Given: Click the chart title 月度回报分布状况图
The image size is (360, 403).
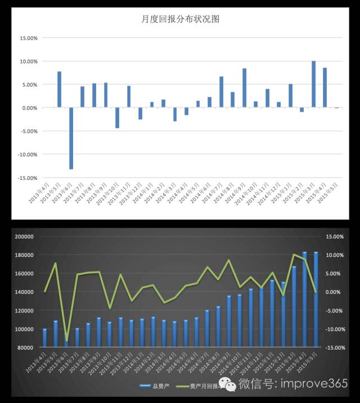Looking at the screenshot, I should (180, 19).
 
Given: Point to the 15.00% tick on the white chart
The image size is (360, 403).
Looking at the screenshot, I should (28, 38).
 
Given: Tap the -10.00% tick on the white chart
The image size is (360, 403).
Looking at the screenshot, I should (27, 154).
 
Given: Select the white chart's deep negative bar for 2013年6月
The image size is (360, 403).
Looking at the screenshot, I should (71, 138).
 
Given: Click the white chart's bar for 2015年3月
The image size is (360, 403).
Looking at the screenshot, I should (313, 84).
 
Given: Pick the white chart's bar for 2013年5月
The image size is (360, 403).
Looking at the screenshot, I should (59, 89).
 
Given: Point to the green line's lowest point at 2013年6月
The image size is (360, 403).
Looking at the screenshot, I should (66, 341).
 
